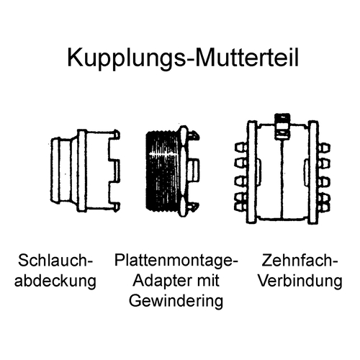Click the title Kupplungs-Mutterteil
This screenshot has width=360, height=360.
(x=183, y=58)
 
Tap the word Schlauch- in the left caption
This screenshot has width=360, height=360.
(x=55, y=261)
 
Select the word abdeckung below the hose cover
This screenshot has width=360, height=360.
(x=55, y=281)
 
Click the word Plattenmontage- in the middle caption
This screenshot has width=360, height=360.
(x=176, y=261)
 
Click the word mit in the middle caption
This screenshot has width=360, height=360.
(x=208, y=280)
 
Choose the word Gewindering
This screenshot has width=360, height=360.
(x=176, y=302)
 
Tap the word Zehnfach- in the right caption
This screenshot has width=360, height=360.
(x=300, y=261)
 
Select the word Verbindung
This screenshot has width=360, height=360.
(x=300, y=280)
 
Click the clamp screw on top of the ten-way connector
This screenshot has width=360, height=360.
(x=282, y=127)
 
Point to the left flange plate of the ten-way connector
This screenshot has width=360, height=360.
(x=252, y=172)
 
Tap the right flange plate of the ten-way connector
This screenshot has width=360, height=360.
(x=313, y=172)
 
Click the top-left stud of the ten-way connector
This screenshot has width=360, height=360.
(x=240, y=148)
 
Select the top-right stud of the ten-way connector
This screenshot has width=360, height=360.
(x=324, y=148)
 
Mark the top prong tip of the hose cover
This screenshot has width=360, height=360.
(x=117, y=135)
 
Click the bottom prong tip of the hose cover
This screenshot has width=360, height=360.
(x=117, y=207)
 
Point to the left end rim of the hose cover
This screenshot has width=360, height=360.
(x=55, y=170)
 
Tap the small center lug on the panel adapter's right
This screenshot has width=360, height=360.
(x=194, y=170)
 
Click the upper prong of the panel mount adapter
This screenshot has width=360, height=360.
(x=195, y=135)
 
